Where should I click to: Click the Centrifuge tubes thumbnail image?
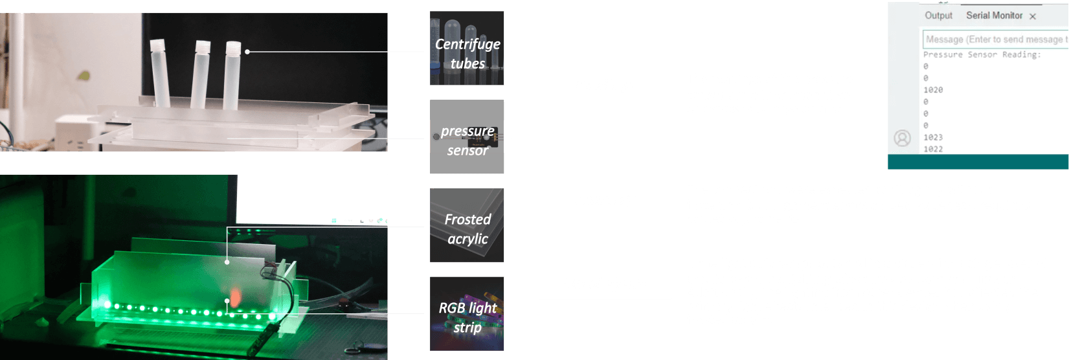(x=467, y=48)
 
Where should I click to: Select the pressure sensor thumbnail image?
(x=467, y=136)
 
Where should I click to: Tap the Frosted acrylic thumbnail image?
(x=467, y=225)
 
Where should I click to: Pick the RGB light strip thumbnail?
(x=467, y=313)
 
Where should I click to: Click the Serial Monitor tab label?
(x=994, y=16)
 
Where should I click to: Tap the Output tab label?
(x=938, y=16)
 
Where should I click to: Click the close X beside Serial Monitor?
(x=1033, y=16)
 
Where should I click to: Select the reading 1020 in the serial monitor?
(x=933, y=90)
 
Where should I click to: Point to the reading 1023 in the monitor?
(x=933, y=137)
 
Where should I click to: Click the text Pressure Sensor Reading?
(x=982, y=55)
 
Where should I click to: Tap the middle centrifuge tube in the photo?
(x=201, y=74)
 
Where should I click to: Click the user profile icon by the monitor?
(x=902, y=138)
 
